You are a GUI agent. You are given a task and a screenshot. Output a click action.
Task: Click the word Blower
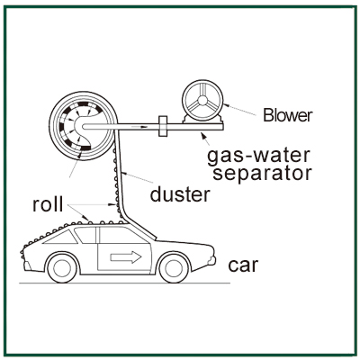[x=288, y=115]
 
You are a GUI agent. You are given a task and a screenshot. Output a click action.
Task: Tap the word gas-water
[x=258, y=156]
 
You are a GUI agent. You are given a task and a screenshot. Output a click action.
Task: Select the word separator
[x=262, y=173]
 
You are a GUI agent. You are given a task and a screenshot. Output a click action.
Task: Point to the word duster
[x=180, y=194]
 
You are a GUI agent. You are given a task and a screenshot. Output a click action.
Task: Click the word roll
[x=48, y=204]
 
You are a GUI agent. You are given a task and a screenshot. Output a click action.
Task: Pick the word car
[x=243, y=265]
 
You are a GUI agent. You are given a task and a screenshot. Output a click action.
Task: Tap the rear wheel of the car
[x=62, y=267]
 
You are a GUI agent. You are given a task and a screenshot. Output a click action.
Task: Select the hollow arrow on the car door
[x=126, y=257]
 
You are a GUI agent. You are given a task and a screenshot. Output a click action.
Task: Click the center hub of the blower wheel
[x=202, y=100]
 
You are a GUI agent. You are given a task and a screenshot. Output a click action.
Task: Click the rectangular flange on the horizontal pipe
[x=162, y=127]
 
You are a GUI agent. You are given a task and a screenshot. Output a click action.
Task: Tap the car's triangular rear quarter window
[x=61, y=238]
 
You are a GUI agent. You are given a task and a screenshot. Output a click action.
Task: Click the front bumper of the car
[x=212, y=260]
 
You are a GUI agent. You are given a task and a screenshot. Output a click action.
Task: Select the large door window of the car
[x=123, y=235]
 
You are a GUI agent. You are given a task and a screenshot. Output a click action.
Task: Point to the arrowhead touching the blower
[x=226, y=105]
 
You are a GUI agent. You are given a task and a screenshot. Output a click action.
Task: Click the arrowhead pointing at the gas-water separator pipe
[x=204, y=136]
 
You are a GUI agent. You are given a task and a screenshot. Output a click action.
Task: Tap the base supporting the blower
[x=203, y=120]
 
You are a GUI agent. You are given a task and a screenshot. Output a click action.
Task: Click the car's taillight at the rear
[x=27, y=265]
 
